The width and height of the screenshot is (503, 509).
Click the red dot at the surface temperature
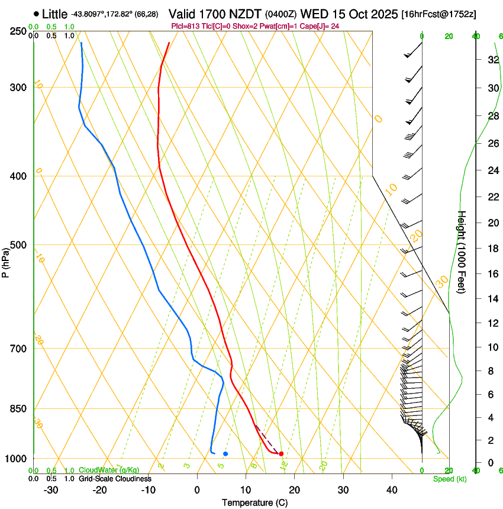281,453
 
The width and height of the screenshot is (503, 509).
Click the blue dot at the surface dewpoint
225,453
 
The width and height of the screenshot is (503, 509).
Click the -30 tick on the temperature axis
51,490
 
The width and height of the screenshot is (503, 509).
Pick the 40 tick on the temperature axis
391,490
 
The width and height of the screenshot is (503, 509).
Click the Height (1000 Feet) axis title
462,252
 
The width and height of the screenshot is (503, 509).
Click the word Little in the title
54,14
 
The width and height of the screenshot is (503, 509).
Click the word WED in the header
314,13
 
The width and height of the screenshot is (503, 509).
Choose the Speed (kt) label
449,479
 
